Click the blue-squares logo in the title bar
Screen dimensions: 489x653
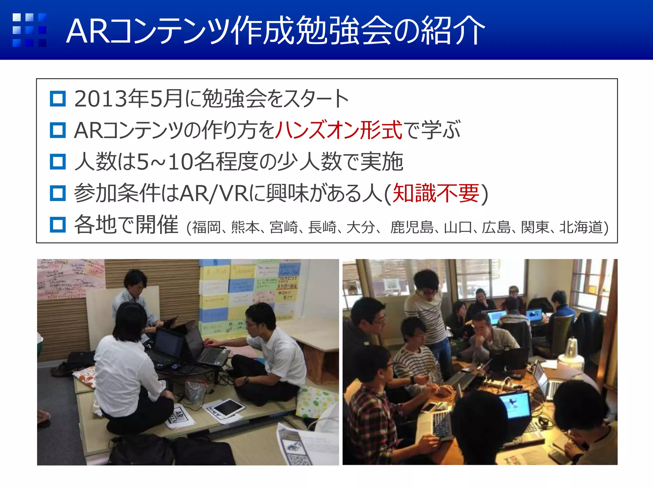(x=29, y=30)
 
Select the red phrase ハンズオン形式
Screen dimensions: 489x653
(x=338, y=130)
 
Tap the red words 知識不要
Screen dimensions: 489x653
(x=436, y=193)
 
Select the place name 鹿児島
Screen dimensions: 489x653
(x=412, y=228)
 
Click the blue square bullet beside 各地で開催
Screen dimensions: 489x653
(x=58, y=224)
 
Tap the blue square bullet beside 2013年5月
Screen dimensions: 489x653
(x=58, y=99)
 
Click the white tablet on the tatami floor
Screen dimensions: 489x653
(x=228, y=407)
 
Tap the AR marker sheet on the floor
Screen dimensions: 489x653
(x=180, y=416)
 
